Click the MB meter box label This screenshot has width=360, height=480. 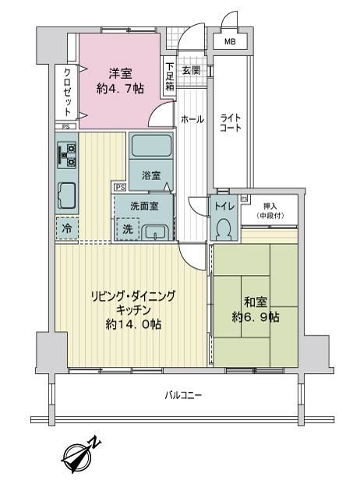(x=230, y=41)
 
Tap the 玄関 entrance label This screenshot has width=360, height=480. (x=192, y=70)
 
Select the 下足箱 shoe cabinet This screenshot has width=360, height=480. (x=170, y=76)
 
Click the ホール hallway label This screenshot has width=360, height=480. (x=192, y=119)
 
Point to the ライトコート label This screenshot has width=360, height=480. (x=231, y=122)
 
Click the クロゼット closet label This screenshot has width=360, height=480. (x=67, y=92)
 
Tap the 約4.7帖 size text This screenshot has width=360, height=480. (x=120, y=89)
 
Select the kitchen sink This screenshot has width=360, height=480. (x=67, y=195)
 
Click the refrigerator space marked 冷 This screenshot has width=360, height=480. (x=67, y=228)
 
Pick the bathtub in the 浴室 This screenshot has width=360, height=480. (x=151, y=146)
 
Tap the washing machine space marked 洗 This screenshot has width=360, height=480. (x=128, y=229)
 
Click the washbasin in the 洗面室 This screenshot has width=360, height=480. (x=156, y=232)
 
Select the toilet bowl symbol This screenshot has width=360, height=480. (x=224, y=229)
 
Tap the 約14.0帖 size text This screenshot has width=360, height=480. (x=134, y=324)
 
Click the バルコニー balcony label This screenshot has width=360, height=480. (x=183, y=395)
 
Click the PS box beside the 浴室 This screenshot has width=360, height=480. (x=120, y=187)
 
